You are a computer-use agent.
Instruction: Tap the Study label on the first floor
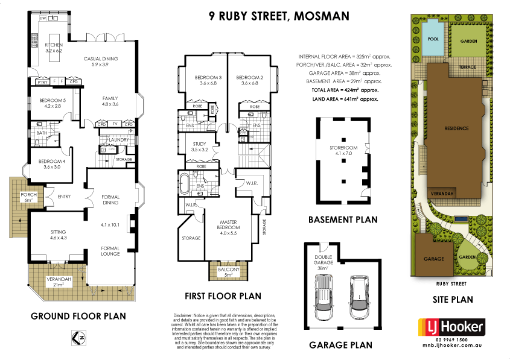coord(199,147)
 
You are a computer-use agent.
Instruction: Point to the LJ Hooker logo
coord(453,327)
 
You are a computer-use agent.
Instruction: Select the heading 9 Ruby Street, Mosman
coord(279,16)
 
